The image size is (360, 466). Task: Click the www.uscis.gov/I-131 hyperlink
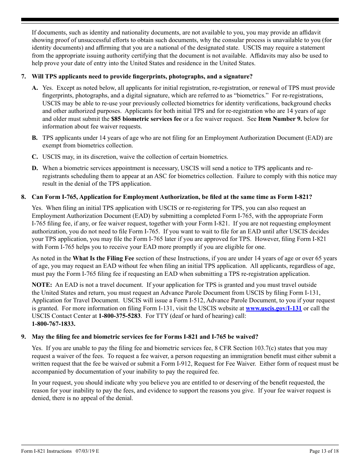[x=274, y=308]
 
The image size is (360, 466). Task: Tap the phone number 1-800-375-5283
[x=120, y=316]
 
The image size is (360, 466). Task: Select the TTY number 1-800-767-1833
[x=53, y=324]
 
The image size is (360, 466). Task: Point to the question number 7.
[x=23, y=77]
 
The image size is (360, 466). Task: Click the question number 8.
[x=23, y=197]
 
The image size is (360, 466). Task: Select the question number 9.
[x=23, y=337]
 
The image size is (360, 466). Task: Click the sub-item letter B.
[x=34, y=138]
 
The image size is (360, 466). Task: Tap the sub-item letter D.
[x=34, y=168]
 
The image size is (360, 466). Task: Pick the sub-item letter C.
[x=34, y=157]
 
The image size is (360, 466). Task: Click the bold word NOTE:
[x=42, y=285]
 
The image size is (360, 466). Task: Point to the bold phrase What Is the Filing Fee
[x=103, y=258]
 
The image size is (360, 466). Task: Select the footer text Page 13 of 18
[x=324, y=451]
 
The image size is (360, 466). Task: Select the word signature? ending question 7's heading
[x=237, y=77]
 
